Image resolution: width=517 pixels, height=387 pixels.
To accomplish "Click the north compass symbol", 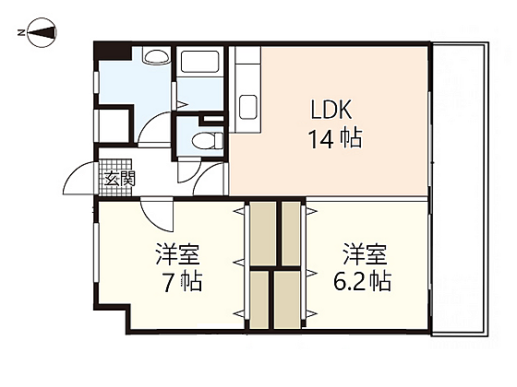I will pos(38,35).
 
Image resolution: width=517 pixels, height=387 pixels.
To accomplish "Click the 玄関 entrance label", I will pos(119,178).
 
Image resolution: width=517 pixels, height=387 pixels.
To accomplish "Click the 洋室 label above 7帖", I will pos(177,252).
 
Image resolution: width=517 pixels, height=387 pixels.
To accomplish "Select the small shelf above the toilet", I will pos(213,120).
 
